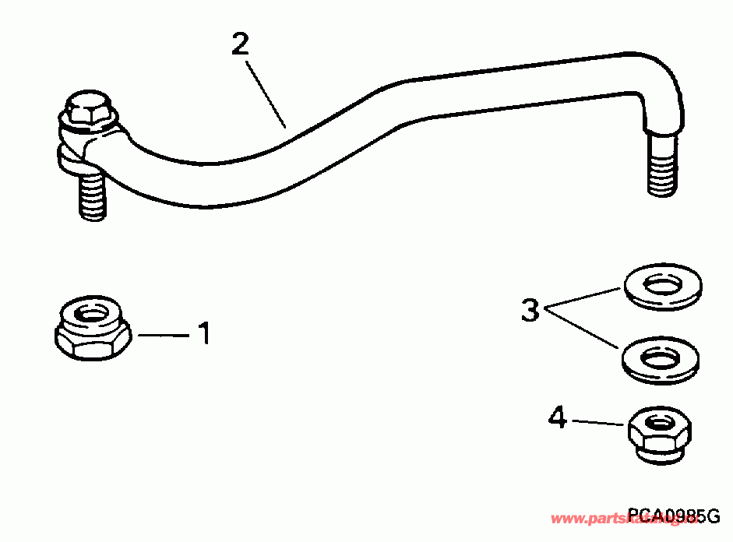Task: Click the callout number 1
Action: pos(204,334)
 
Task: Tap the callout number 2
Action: pos(241,44)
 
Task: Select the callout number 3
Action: pos(530,311)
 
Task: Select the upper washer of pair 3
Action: pos(662,287)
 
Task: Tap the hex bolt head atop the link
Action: pos(88,110)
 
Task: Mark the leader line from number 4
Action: pos(599,422)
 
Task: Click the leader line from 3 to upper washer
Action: pos(584,297)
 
